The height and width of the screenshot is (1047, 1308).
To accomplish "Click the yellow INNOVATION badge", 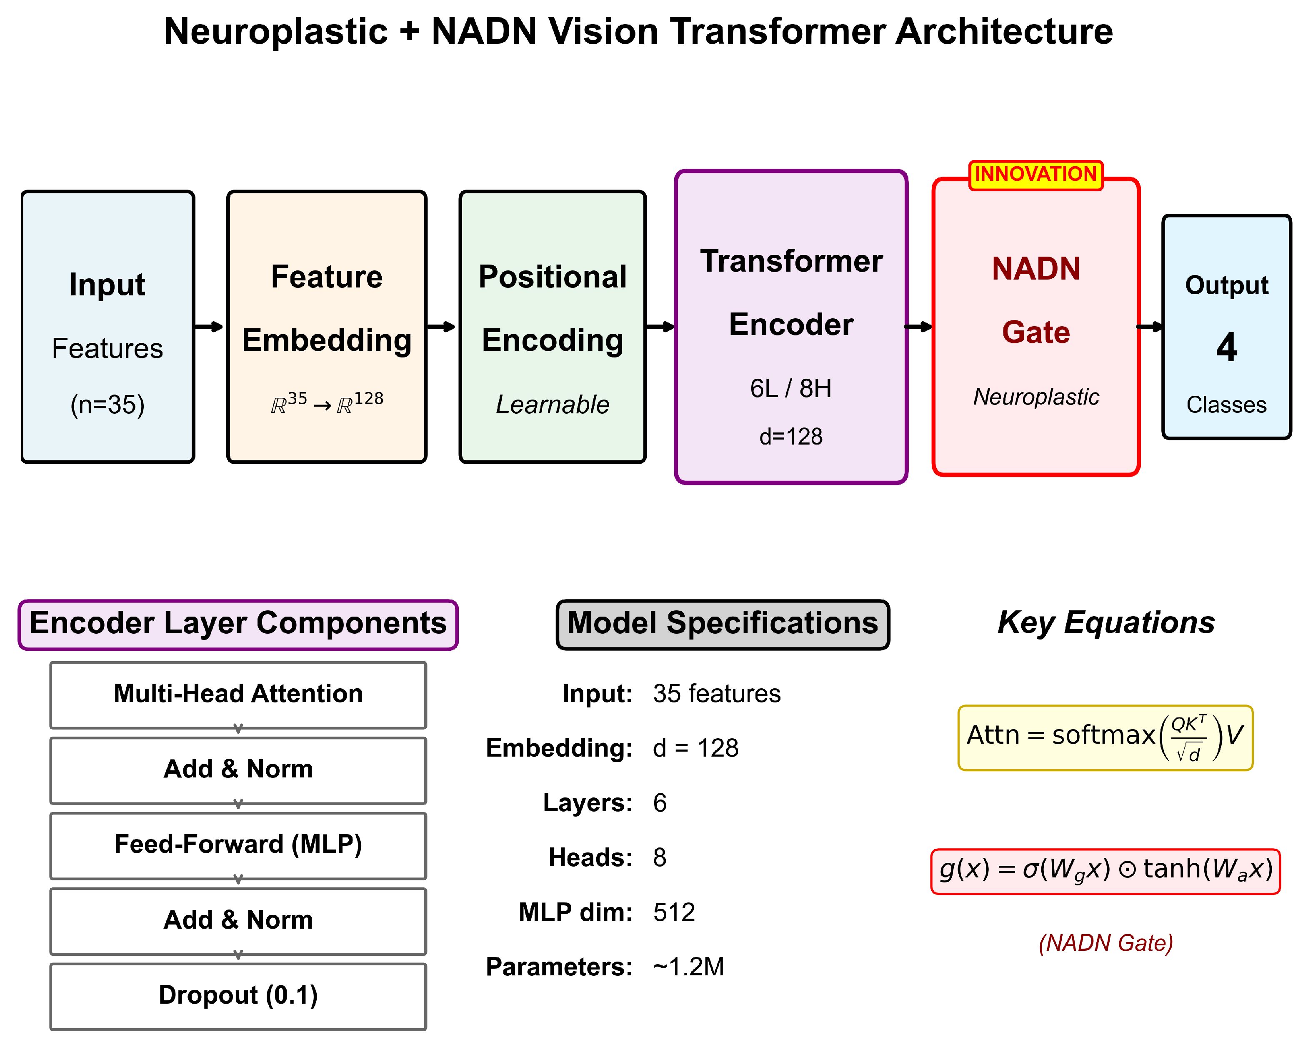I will [1035, 175].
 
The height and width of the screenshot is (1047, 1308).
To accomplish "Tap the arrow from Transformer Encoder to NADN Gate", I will [918, 327].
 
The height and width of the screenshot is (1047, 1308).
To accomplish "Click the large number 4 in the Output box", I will [1226, 347].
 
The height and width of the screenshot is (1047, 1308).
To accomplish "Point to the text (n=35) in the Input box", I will [108, 405].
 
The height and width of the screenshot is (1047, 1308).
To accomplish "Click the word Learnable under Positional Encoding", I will [552, 405].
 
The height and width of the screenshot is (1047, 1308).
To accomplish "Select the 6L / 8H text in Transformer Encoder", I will [790, 388].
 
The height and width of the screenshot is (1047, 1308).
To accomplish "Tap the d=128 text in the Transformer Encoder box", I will [790, 437].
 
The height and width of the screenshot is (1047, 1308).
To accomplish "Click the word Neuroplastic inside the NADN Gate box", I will [1035, 397].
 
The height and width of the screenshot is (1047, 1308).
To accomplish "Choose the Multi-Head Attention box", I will [238, 694].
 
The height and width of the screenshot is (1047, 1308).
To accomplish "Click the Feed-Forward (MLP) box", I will [238, 845].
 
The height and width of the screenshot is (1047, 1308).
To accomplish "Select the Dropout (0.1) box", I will [238, 995].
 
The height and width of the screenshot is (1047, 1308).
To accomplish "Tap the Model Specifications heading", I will [722, 624].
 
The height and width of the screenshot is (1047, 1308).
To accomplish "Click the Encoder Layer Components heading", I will [238, 624].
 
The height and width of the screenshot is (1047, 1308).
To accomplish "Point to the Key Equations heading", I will [1105, 622].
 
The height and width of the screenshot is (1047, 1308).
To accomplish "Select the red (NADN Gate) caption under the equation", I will [1105, 943].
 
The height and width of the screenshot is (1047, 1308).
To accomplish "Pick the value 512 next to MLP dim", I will [673, 912].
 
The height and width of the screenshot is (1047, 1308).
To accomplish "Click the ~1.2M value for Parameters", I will [688, 966].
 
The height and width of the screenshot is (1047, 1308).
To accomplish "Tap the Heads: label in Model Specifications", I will [590, 857].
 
